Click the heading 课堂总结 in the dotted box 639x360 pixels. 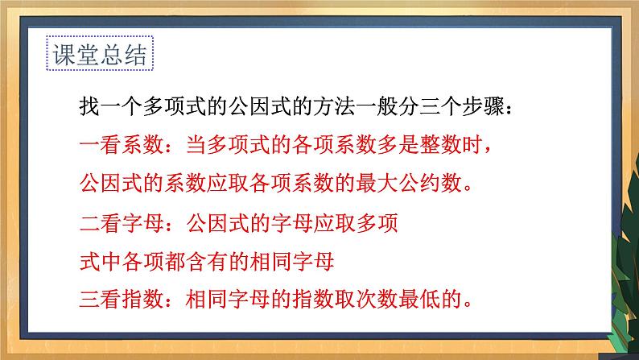point(100,54)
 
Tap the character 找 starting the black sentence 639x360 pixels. point(89,107)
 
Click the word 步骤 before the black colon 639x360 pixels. point(483,107)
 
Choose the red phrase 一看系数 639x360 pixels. point(121,145)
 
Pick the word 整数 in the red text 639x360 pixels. point(440,145)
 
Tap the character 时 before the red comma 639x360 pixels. point(472,145)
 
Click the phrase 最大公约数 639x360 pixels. point(409,183)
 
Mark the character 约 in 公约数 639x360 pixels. point(430,183)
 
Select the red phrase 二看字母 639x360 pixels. point(121,223)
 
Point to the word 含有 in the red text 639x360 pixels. point(207,261)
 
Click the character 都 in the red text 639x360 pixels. point(175,261)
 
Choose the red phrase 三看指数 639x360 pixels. point(121,300)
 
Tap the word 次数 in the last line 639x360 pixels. point(377,300)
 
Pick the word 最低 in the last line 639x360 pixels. point(419,300)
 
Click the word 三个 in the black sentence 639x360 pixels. point(440,107)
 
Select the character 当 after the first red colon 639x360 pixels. point(196,145)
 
